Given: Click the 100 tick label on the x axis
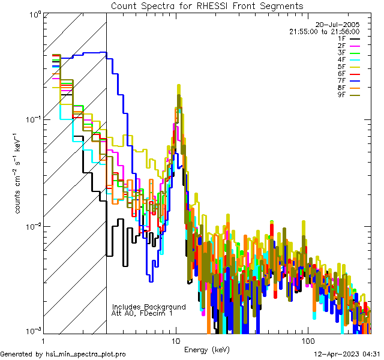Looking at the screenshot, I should (x=307, y=341).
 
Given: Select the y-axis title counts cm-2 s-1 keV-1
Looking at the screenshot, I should (x=19, y=173).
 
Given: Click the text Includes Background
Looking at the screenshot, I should (x=149, y=307).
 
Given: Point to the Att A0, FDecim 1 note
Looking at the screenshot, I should (x=142, y=313).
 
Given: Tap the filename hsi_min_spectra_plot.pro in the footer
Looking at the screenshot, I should (x=86, y=355).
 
